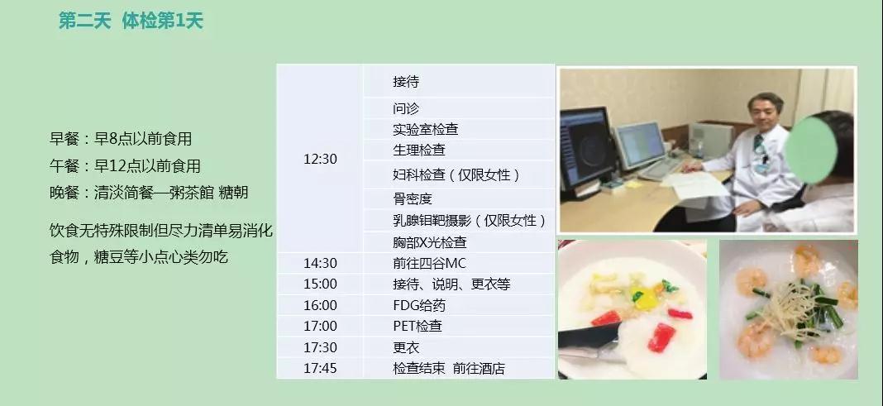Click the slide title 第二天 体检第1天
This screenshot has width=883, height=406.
click(131, 21)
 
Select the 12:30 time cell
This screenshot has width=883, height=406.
click(320, 160)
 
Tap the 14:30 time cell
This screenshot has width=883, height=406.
click(320, 263)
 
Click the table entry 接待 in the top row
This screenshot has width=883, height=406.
click(406, 82)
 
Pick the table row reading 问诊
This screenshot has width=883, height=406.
click(406, 108)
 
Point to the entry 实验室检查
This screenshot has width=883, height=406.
click(426, 129)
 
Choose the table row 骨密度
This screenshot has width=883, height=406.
click(413, 198)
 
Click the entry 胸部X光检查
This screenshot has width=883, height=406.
click(430, 243)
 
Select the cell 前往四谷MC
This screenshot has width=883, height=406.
click(429, 263)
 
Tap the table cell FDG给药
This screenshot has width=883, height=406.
click(419, 305)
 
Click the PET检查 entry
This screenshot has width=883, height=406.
click(418, 326)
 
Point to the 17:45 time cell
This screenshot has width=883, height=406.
click(320, 368)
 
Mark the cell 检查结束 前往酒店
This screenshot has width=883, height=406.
click(449, 369)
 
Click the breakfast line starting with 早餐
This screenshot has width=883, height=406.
click(121, 139)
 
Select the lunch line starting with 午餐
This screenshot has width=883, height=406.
click(125, 166)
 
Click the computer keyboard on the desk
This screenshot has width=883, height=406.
click(661, 169)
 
